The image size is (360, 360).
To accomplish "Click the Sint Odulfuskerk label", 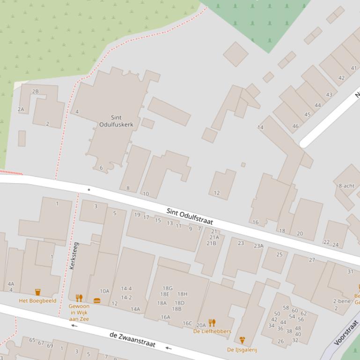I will click(x=116, y=121).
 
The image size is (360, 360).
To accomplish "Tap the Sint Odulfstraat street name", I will click(x=190, y=218).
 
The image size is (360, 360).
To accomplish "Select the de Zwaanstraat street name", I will click(x=132, y=340).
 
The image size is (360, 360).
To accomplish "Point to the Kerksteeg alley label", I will click(x=73, y=255).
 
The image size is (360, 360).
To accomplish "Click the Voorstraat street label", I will click(x=346, y=332).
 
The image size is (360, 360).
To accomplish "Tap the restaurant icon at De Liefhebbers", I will click(x=212, y=323).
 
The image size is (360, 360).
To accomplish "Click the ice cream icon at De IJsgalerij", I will click(x=242, y=340).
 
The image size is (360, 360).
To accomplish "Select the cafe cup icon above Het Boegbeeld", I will click(x=37, y=292).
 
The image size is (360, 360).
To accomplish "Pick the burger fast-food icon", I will click(x=97, y=301).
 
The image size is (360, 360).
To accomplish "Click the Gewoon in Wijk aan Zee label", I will click(x=79, y=312).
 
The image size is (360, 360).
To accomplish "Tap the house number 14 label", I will click(x=260, y=127).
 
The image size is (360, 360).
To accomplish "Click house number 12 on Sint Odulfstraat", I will click(x=217, y=193).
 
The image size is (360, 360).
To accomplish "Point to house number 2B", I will click(x=35, y=92).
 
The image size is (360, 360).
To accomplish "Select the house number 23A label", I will click(x=258, y=246).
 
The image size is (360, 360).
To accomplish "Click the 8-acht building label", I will click(x=346, y=186).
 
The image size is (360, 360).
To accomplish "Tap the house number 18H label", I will click(x=182, y=294).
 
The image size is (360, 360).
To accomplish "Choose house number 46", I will click(x=295, y=126).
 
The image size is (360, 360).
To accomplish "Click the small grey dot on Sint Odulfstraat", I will click(x=89, y=190).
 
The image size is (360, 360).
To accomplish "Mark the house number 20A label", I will click(x=201, y=325).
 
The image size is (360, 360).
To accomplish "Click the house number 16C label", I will click(x=187, y=323).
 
